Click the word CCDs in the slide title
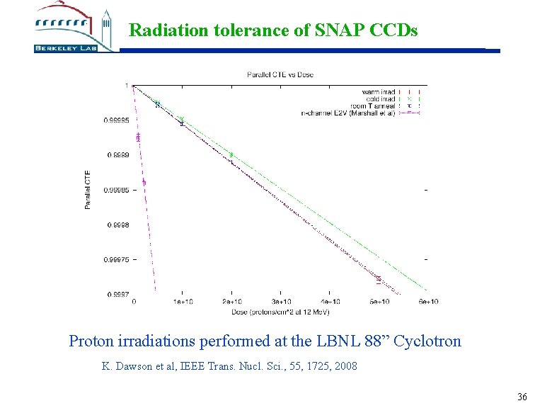(393, 30)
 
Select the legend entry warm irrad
(379, 91)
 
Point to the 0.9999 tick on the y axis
(117, 155)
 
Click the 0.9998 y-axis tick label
(117, 225)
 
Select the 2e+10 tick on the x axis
(231, 302)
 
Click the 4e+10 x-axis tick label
(330, 302)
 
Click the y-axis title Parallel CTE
(88, 190)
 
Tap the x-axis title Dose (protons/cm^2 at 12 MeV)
(280, 312)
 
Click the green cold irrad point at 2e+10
(231, 154)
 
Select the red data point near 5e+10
(379, 280)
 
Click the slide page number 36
(522, 397)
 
